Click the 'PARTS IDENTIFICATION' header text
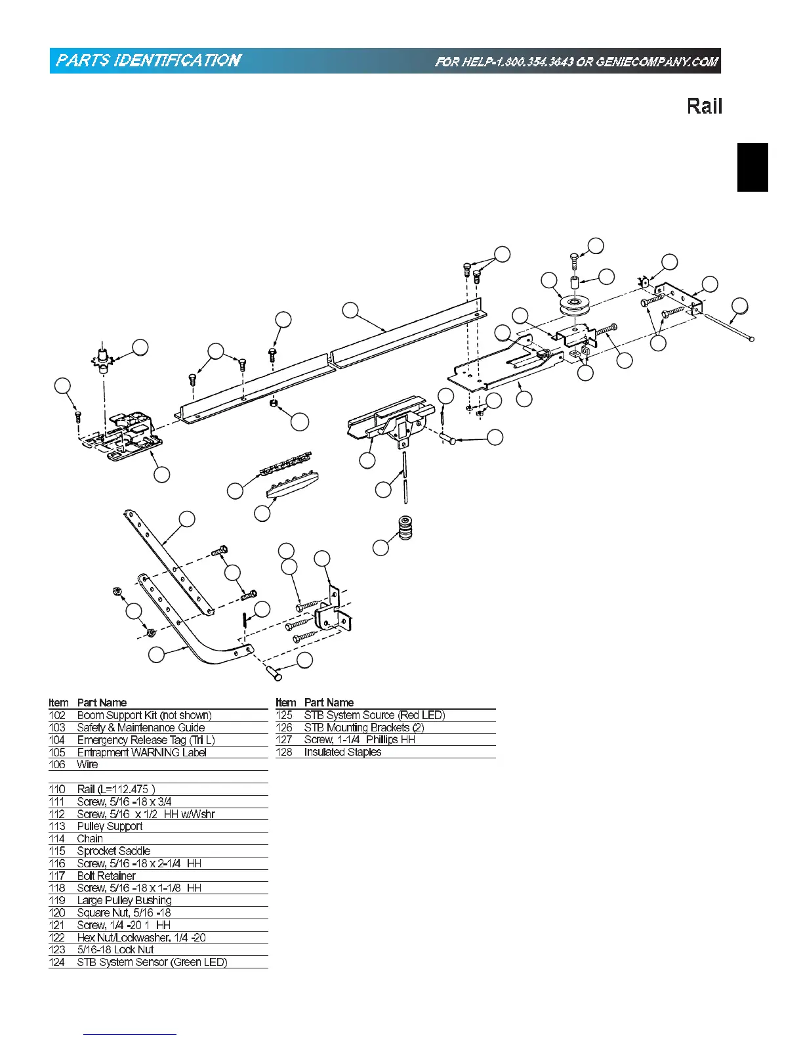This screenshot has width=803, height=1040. pyautogui.click(x=148, y=61)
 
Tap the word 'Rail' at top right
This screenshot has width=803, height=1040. pyautogui.click(x=704, y=106)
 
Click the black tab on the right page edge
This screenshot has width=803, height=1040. pyautogui.click(x=752, y=167)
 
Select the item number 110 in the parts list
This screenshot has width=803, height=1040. pyautogui.click(x=57, y=789)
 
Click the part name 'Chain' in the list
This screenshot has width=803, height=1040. pyautogui.click(x=90, y=838)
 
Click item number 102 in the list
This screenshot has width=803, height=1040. pyautogui.click(x=57, y=715)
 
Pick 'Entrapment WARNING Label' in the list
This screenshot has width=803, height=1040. pyautogui.click(x=142, y=752)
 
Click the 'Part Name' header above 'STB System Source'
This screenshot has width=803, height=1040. pyautogui.click(x=329, y=703)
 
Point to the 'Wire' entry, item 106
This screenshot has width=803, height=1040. pyautogui.click(x=87, y=764)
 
